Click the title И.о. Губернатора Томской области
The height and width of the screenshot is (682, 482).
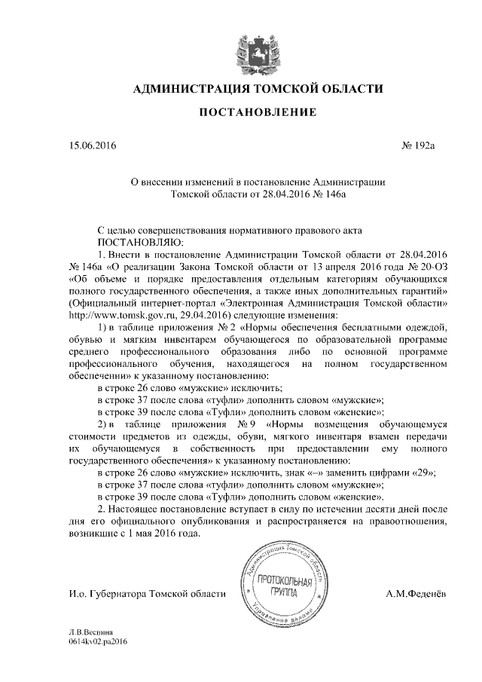tap(148, 595)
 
